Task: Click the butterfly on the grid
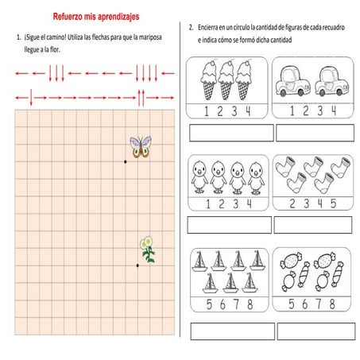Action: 141,146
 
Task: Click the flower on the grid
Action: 147,250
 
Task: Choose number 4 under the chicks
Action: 249,203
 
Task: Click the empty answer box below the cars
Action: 313,132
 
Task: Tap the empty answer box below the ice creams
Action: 230,132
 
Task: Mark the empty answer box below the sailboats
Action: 230,330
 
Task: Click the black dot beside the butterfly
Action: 125,161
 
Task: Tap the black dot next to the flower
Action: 137,265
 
